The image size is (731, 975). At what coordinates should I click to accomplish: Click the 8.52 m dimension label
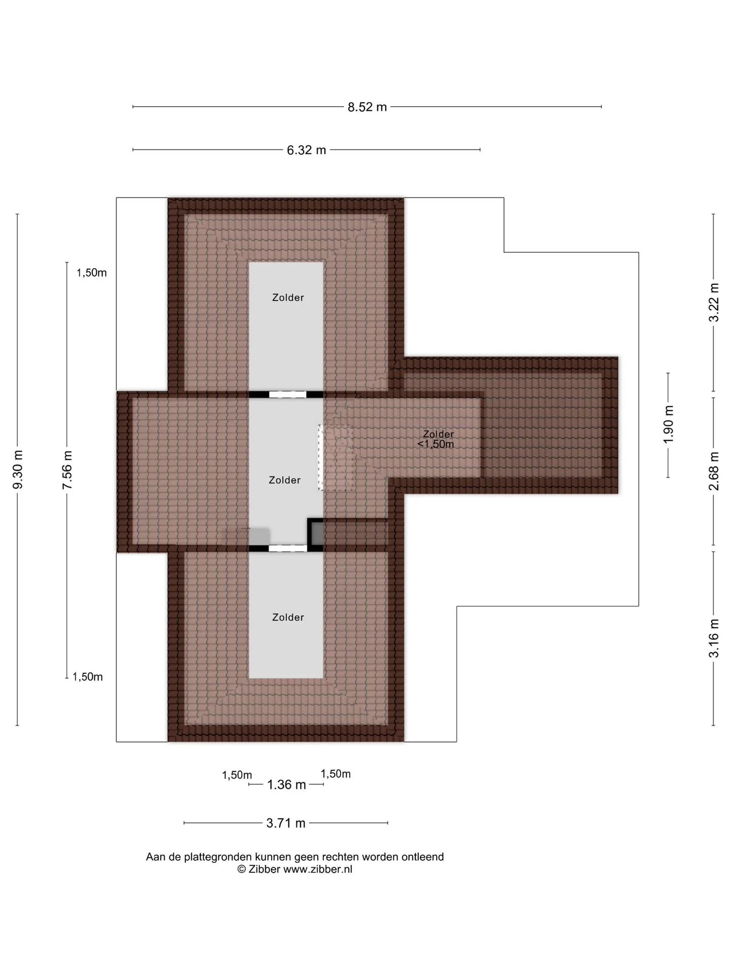(x=367, y=107)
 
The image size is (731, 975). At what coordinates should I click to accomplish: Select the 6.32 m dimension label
(x=306, y=150)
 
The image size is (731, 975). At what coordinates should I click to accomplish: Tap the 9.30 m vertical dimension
(x=18, y=470)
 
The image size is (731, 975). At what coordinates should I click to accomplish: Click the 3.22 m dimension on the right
(x=714, y=302)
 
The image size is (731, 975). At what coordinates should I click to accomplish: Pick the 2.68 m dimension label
(x=714, y=471)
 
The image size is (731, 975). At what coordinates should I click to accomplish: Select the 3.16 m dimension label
(x=714, y=638)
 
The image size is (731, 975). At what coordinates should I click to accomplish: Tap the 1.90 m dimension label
(x=669, y=425)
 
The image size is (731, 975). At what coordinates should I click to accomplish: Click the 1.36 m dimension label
(x=286, y=785)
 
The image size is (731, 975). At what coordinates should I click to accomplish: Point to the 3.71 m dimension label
(x=286, y=823)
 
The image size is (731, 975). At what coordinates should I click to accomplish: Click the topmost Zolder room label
(x=288, y=298)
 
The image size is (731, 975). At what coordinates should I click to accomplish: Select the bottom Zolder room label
(x=288, y=617)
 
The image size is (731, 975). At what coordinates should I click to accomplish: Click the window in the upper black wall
(x=287, y=395)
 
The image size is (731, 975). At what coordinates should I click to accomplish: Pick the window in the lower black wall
(x=287, y=548)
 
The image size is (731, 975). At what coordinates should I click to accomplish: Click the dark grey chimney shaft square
(x=316, y=535)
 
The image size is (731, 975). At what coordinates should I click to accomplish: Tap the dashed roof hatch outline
(x=336, y=457)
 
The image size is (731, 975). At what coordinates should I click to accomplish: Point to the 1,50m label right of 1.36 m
(x=336, y=774)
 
